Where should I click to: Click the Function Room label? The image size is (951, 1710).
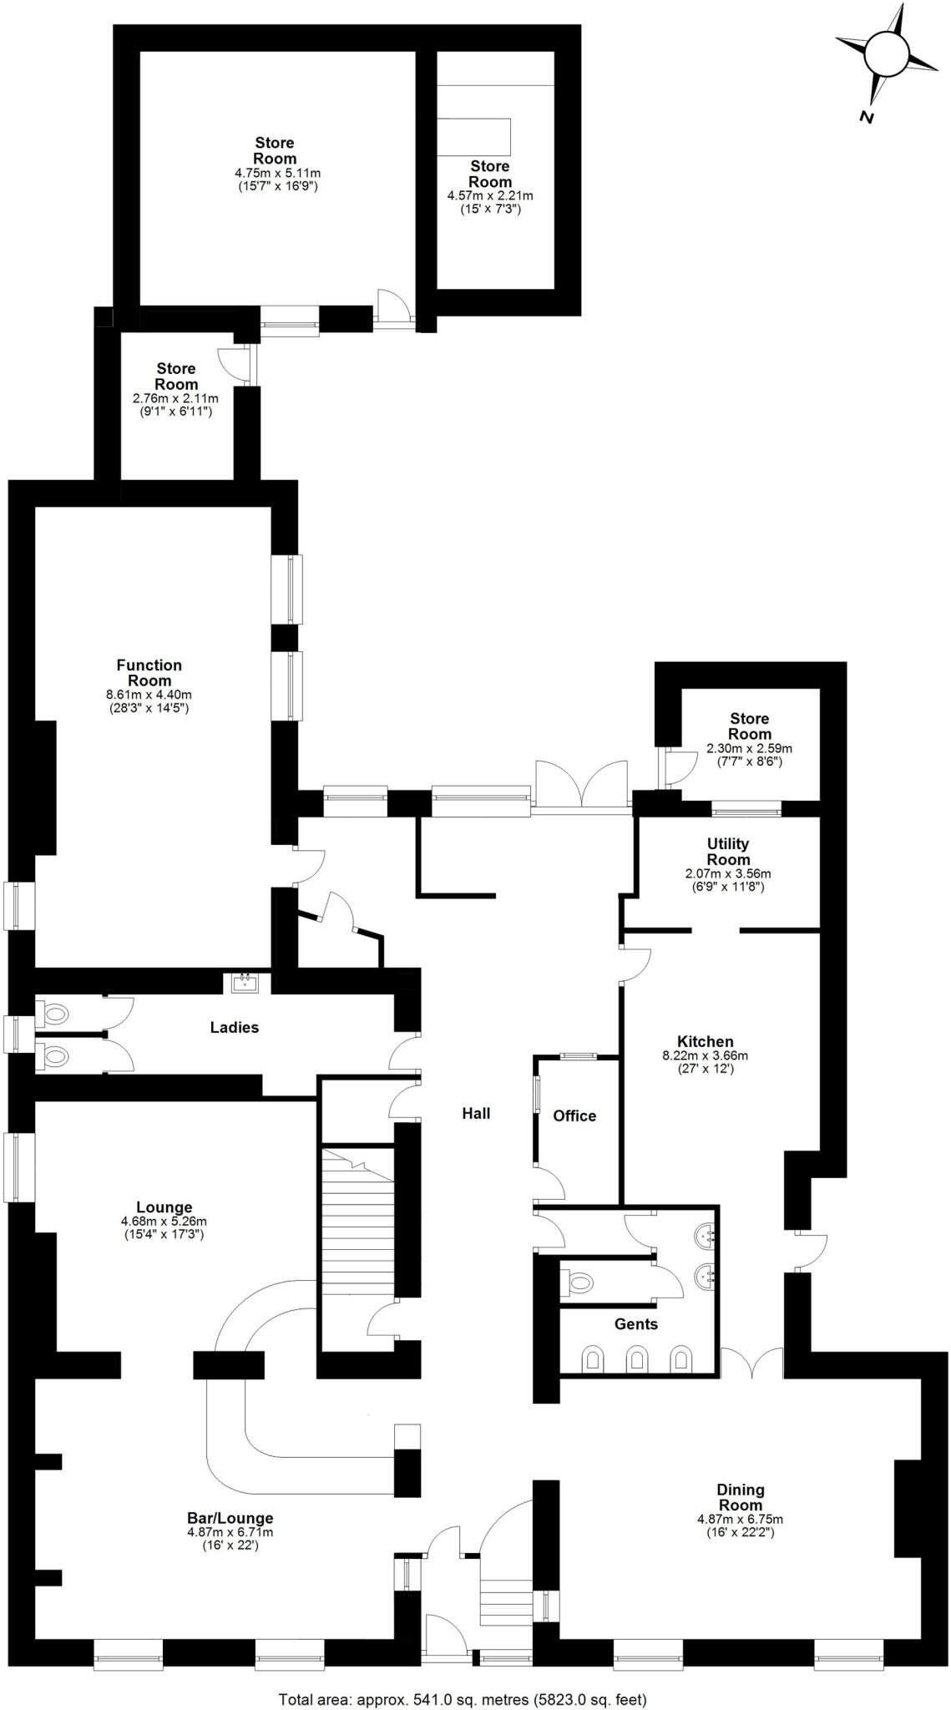tap(149, 672)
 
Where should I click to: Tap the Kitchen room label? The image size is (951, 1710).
tap(705, 1041)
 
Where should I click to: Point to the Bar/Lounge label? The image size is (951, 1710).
tap(230, 1518)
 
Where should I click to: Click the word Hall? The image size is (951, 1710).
tap(476, 1113)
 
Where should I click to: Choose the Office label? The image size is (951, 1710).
tap(574, 1116)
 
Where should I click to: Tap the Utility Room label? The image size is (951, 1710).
tap(728, 852)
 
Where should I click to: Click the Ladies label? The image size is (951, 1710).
tap(234, 1027)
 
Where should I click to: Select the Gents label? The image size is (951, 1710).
tap(635, 1323)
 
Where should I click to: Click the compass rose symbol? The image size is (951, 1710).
tap(886, 55)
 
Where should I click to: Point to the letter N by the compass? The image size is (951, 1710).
tap(867, 118)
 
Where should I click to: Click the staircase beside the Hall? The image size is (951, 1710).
tap(358, 1219)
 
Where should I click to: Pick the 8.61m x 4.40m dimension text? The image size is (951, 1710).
tap(149, 694)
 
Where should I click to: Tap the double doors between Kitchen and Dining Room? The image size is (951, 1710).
tap(753, 1363)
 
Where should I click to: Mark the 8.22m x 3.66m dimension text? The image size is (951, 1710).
tap(705, 1055)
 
